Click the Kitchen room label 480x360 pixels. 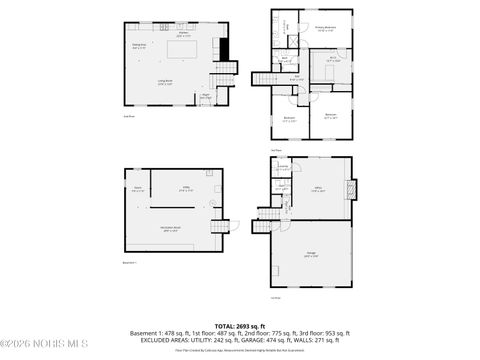(184, 35)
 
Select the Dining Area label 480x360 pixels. (140, 45)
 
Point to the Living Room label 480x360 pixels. (166, 83)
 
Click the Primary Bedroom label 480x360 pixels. (326, 28)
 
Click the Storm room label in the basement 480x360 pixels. (137, 188)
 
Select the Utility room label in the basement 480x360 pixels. (186, 188)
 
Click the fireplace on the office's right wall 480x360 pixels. (348, 189)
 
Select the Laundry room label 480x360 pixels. (282, 167)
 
